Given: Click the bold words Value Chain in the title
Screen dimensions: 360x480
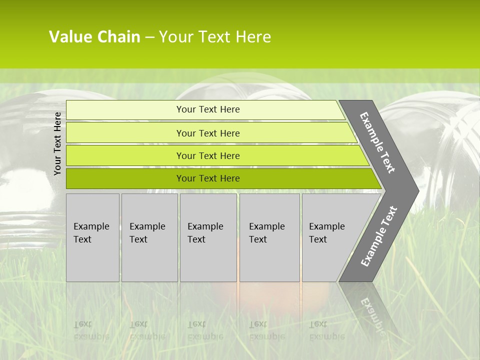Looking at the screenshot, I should (94, 37).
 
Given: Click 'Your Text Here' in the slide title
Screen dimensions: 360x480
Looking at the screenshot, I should (215, 37).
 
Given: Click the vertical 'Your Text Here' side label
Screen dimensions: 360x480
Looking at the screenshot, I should (57, 143).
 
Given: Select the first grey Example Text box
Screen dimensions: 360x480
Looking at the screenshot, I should (92, 237).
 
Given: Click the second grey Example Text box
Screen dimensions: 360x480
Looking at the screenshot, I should (149, 237).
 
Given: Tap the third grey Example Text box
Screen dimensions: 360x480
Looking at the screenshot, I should (207, 237).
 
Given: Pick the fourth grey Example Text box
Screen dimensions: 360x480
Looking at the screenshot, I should (269, 237).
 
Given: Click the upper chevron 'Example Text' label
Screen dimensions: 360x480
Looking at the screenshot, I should (377, 142).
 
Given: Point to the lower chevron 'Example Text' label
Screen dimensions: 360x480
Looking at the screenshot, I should (378, 236).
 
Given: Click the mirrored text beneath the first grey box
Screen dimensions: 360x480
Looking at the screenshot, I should (91, 330).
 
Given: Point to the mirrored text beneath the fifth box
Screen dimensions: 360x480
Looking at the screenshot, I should (326, 330).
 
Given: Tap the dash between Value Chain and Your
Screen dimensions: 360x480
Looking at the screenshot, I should (149, 37).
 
